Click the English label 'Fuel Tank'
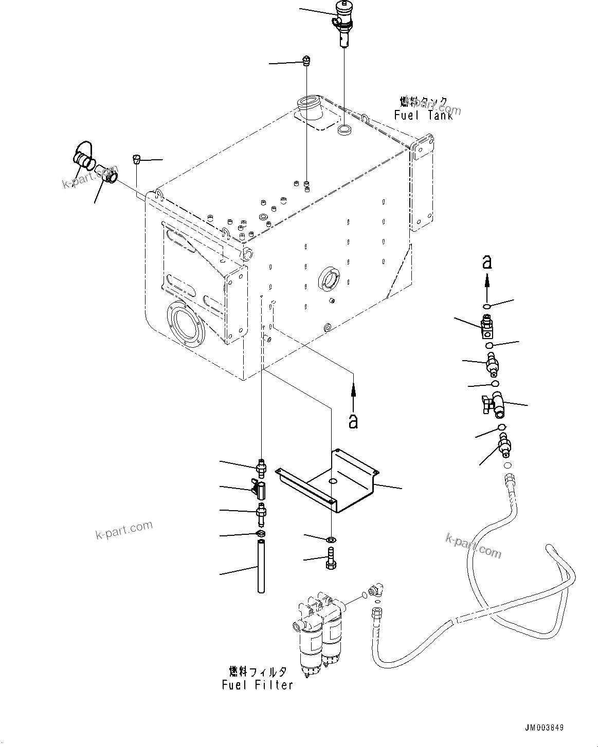pyautogui.click(x=423, y=115)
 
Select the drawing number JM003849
pyautogui.click(x=544, y=727)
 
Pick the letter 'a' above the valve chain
pyautogui.click(x=486, y=262)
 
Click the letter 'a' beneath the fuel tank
pyautogui.click(x=353, y=421)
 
